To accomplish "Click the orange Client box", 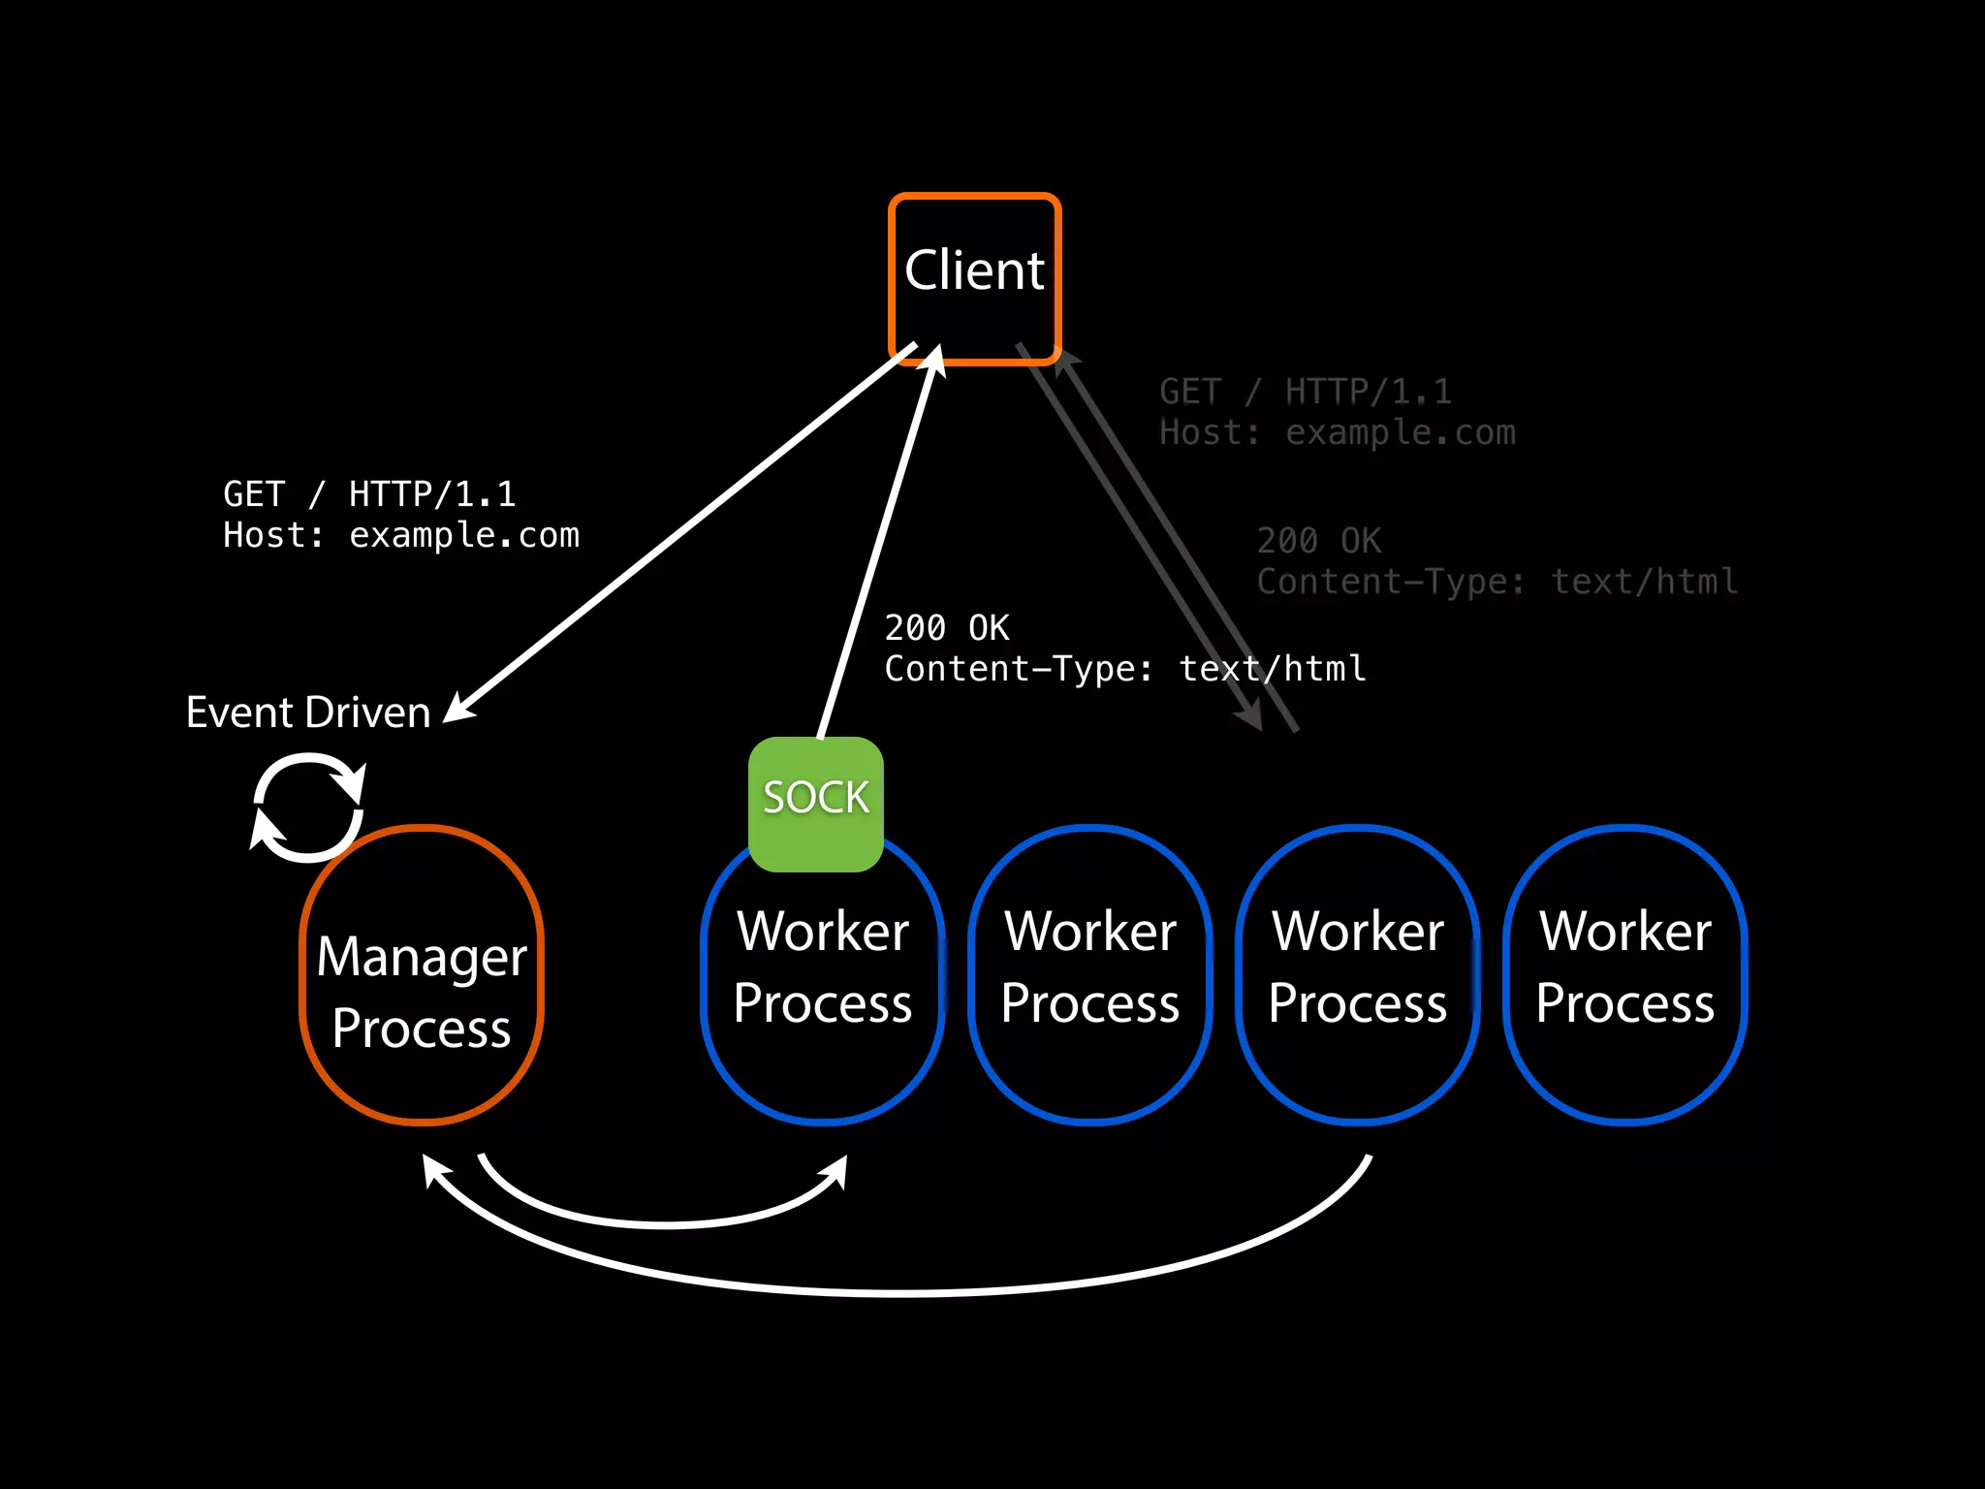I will (975, 278).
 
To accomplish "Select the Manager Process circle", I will (422, 975).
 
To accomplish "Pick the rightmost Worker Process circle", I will (1625, 975).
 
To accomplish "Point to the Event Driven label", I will (308, 713).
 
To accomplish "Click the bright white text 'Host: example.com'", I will (401, 535).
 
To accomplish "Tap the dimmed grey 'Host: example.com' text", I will (1338, 432).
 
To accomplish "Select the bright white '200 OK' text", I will (947, 628).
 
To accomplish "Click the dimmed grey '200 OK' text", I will (1319, 541).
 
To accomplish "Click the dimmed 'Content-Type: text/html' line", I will (1497, 582).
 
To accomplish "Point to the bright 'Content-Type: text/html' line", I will (1125, 669).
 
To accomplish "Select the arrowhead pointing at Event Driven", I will (459, 708).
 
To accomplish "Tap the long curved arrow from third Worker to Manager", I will (901, 1291).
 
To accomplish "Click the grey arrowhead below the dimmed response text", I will (1250, 718).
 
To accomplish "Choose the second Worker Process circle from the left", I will (1090, 975).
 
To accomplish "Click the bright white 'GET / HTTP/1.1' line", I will (369, 494).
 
